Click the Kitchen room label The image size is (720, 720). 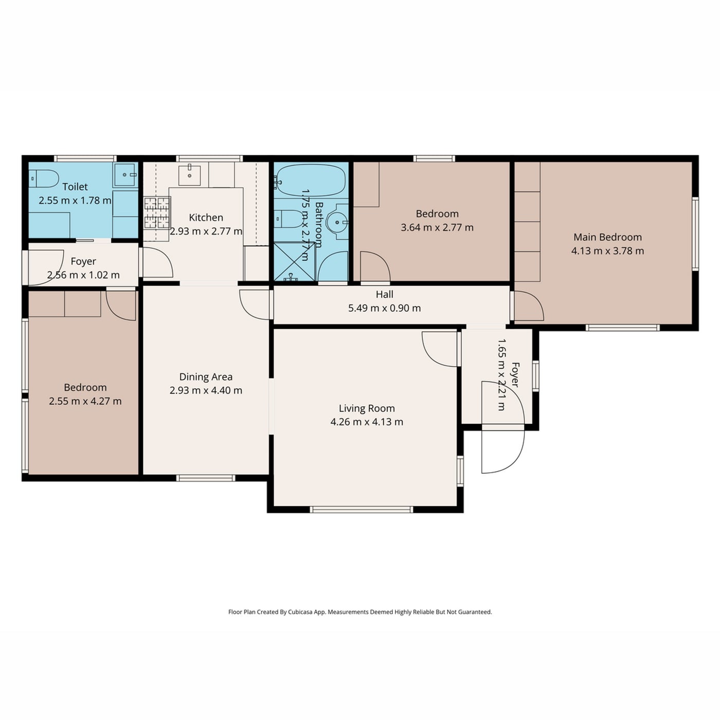click(x=206, y=218)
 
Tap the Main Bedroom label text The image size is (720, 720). click(x=607, y=237)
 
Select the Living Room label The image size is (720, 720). click(x=367, y=408)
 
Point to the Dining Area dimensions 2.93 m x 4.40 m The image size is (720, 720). click(x=206, y=391)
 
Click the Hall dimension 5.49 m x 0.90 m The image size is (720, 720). click(x=385, y=308)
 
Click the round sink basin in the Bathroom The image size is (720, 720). click(x=337, y=222)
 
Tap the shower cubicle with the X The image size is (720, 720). click(x=295, y=262)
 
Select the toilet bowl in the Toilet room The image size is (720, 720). click(x=44, y=179)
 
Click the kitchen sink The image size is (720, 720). click(x=189, y=175)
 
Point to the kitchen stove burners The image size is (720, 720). click(x=157, y=213)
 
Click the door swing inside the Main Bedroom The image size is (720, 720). click(x=529, y=306)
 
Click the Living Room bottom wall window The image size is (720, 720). click(x=362, y=509)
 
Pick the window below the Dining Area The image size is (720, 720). click(x=206, y=478)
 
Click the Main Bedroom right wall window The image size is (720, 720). click(x=695, y=234)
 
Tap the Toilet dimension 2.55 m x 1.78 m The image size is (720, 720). click(x=75, y=201)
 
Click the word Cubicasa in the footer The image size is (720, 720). click(x=300, y=612)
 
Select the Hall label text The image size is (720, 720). click(x=385, y=294)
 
